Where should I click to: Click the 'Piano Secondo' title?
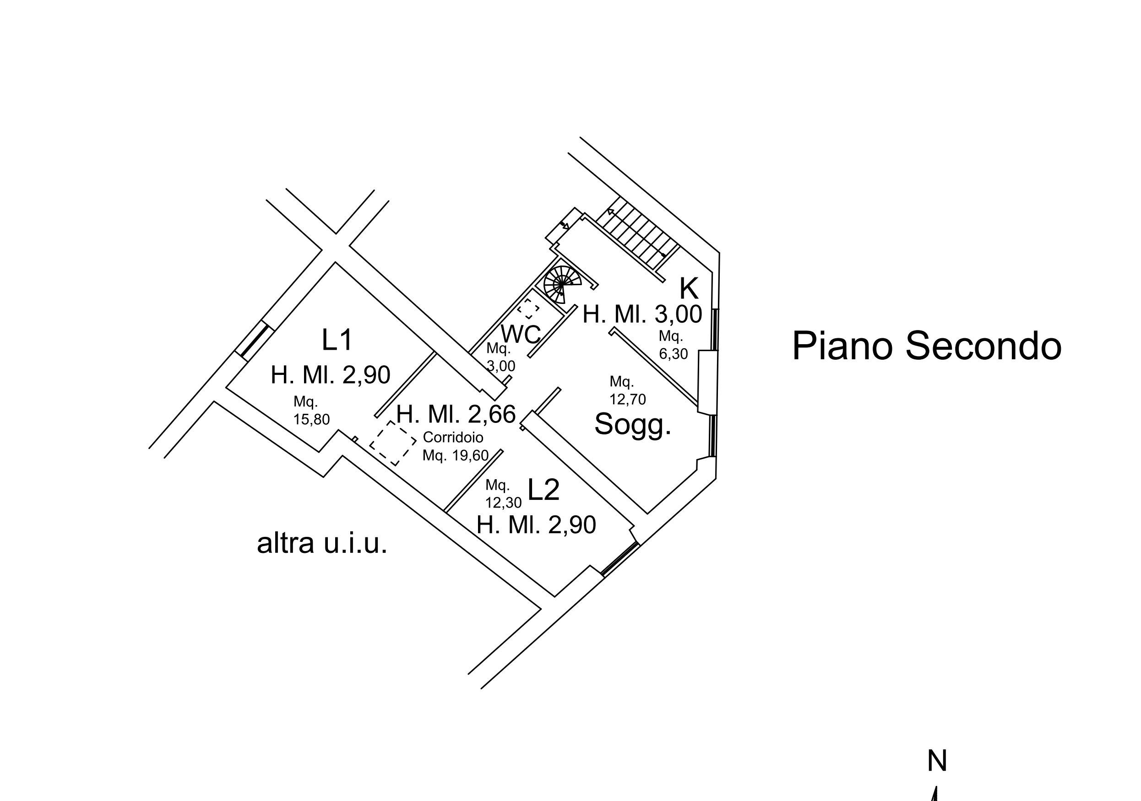926,346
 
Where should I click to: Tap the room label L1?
337,341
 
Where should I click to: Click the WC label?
520,334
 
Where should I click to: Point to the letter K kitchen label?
689,288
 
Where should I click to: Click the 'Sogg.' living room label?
633,424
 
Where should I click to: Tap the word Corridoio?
453,437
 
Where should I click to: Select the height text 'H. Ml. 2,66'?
456,414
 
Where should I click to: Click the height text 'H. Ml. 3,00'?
642,314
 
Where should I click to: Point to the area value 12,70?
628,399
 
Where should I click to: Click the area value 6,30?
674,354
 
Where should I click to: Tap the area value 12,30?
503,503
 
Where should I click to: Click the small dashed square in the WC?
528,308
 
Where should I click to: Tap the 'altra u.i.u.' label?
322,543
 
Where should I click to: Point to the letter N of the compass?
937,761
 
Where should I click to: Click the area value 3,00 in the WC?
500,366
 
